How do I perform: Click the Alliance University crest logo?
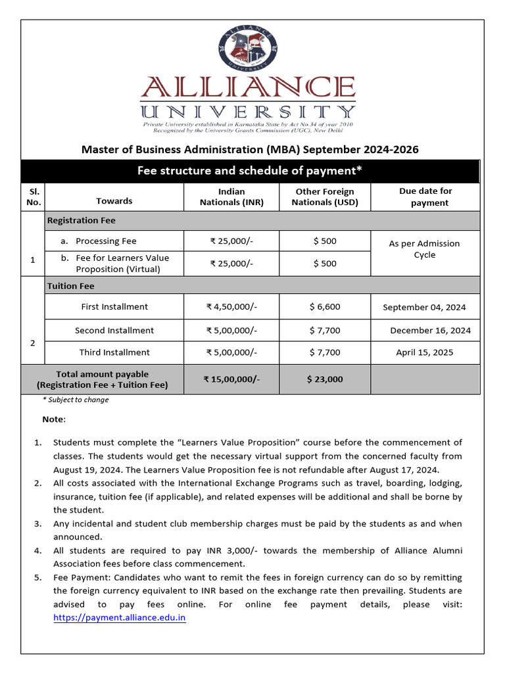tap(248, 50)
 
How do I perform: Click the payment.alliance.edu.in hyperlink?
tap(119, 618)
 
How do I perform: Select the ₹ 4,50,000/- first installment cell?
tap(231, 306)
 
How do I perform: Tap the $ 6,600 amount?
tap(325, 306)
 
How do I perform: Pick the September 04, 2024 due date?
tap(424, 307)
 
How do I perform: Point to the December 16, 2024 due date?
tap(430, 331)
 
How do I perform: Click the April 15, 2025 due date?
tap(424, 352)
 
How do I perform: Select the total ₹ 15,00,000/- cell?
tap(231, 379)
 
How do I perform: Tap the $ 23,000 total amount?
tap(325, 379)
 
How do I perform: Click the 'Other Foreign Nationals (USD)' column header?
tap(325, 197)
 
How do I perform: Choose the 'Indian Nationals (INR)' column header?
tap(231, 197)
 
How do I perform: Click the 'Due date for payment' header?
tap(425, 197)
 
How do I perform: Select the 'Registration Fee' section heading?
tap(81, 221)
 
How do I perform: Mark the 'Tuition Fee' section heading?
tap(70, 286)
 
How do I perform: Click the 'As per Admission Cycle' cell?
tap(424, 249)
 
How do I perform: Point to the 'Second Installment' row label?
tap(114, 331)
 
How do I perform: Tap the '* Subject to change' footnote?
tap(76, 400)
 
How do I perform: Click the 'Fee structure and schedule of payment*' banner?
tap(250, 171)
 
